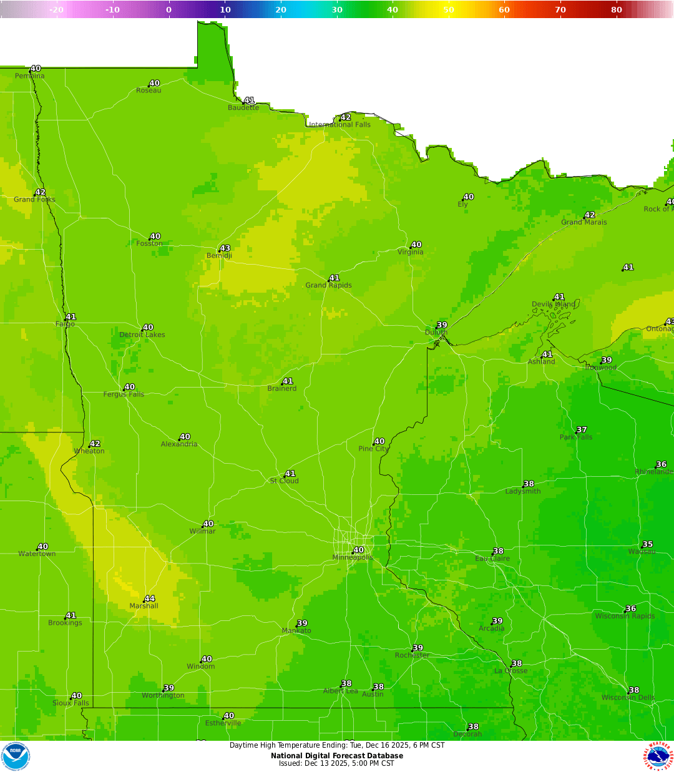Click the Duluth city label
[x=436, y=333]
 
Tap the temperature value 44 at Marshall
[x=150, y=599]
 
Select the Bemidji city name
[x=219, y=256]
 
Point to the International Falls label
[x=340, y=125]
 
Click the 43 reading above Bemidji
[x=225, y=248]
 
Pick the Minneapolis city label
[x=353, y=558]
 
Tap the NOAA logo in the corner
[x=16, y=756]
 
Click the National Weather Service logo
[x=659, y=756]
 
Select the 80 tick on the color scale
[x=617, y=9]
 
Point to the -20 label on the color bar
[x=56, y=9]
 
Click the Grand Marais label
[x=584, y=222]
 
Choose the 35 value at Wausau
[x=648, y=545]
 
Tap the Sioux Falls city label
[x=71, y=703]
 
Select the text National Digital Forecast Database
[x=337, y=756]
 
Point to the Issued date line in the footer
[x=337, y=763]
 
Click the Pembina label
[x=30, y=76]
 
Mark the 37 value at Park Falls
[x=582, y=430]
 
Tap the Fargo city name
[x=65, y=325]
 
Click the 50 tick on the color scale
[x=449, y=9]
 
